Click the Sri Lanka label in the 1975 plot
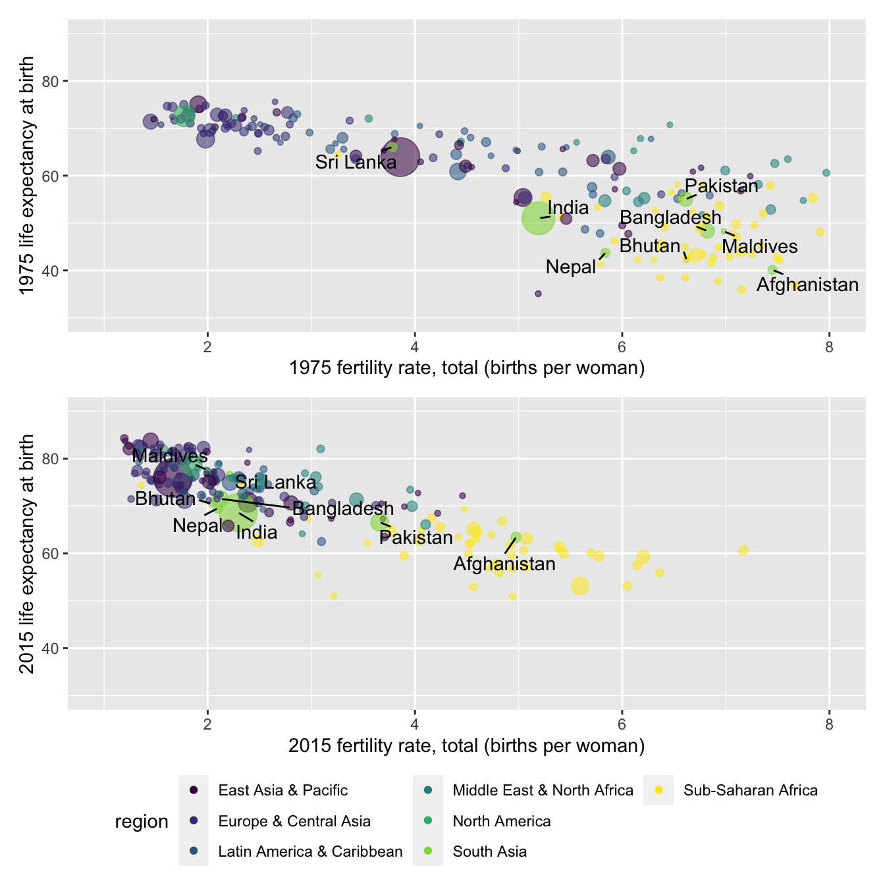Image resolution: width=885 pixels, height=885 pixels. [x=356, y=162]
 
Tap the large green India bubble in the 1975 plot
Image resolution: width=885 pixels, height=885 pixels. [x=539, y=218]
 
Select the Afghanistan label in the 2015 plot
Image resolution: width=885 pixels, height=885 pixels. [x=504, y=564]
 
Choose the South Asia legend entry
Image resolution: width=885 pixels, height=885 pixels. [x=489, y=851]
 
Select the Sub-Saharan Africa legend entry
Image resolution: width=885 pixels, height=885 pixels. [x=750, y=790]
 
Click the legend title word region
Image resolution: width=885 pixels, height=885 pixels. [x=142, y=822]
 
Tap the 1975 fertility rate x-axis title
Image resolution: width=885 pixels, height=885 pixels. [x=466, y=367]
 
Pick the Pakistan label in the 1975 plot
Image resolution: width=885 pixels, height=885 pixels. [x=721, y=186]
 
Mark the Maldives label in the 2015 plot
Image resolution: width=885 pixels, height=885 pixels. [x=170, y=456]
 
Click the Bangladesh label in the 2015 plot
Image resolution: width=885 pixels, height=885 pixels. [x=343, y=508]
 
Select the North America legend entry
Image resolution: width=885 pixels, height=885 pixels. [x=501, y=821]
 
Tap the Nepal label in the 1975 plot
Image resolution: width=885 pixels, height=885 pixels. [x=571, y=267]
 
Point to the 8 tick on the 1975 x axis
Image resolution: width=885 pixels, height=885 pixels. [x=829, y=347]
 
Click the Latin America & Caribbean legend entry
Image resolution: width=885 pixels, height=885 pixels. [x=310, y=851]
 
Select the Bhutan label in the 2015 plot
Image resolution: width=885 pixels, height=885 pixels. [x=165, y=498]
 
